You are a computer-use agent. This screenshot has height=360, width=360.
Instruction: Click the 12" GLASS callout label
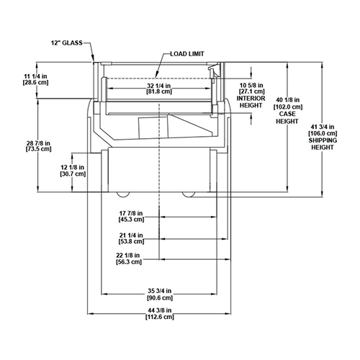click(67, 43)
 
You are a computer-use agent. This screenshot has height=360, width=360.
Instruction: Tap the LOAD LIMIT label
click(187, 54)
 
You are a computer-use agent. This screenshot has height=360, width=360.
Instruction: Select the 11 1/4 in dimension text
click(35, 76)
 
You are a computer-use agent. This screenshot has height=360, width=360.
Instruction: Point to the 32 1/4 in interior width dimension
click(159, 86)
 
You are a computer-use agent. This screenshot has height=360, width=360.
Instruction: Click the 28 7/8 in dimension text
click(38, 143)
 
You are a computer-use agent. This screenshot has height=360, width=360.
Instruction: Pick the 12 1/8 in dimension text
click(73, 167)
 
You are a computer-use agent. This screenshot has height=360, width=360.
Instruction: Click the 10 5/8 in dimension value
click(251, 85)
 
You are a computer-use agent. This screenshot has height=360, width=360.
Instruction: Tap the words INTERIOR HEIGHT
click(251, 102)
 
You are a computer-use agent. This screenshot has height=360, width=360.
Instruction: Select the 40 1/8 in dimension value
click(288, 100)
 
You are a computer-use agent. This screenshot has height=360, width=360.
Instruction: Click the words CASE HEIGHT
click(287, 117)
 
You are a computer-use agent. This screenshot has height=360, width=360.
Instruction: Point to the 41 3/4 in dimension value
click(323, 127)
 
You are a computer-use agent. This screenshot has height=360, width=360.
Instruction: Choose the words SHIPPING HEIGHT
click(323, 144)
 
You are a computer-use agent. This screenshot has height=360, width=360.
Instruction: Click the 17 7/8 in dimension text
click(131, 213)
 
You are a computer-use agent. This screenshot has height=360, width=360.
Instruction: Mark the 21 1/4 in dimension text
click(131, 235)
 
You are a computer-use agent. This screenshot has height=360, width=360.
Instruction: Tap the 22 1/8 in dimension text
click(128, 256)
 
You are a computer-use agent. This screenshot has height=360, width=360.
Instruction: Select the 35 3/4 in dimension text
click(160, 291)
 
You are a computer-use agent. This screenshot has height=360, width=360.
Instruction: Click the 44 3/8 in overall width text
click(160, 310)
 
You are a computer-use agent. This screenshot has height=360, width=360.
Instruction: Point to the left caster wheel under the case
click(123, 194)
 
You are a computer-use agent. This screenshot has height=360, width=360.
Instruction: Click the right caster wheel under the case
click(189, 194)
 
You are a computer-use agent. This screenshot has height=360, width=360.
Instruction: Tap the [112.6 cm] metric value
click(160, 317)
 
